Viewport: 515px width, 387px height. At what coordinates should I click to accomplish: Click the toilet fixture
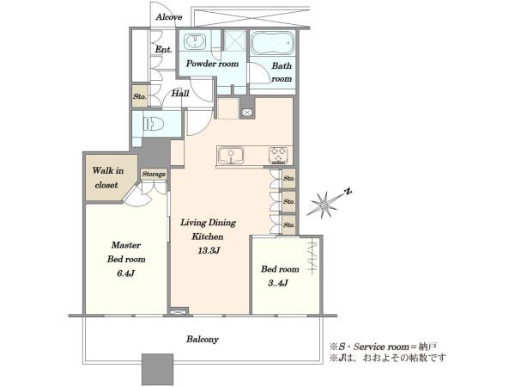point(154,125)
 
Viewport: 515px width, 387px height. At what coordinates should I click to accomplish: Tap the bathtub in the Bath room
point(273,43)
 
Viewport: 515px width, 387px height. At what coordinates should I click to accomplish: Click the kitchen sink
point(231,155)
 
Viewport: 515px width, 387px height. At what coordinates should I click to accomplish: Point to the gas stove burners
point(278,156)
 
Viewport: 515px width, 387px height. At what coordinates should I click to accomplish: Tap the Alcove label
point(169,17)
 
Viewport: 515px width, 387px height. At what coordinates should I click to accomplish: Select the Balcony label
point(203,340)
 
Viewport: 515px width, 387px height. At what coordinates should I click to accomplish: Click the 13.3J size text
point(209,251)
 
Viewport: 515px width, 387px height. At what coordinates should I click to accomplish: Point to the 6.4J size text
point(126,273)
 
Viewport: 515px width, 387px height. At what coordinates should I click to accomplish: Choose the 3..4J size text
point(278,283)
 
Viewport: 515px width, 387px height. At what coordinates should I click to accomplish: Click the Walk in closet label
point(108,178)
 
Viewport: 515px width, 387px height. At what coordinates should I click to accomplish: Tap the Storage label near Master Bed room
point(154,174)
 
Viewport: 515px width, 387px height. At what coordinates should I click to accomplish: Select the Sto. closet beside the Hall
point(140,96)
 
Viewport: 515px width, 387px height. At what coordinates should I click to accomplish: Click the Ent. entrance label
point(164,50)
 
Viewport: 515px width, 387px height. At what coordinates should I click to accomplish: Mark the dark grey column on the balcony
point(157,370)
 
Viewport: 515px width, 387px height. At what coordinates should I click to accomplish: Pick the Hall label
point(180,94)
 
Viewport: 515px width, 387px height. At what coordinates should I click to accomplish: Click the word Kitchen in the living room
point(208,236)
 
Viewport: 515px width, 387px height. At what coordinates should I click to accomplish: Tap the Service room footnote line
point(384,347)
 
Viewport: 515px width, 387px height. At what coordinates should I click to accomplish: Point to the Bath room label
point(282,72)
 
